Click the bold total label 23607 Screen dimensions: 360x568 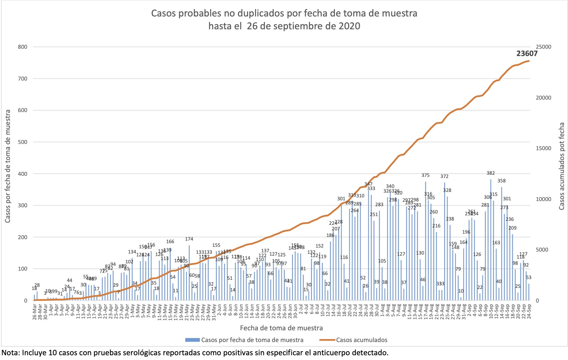click(527, 53)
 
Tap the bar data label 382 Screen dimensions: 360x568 click(491, 173)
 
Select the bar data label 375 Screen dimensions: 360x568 click(425, 175)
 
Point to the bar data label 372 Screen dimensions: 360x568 click(445, 177)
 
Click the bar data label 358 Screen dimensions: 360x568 click(502, 181)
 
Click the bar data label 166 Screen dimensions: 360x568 click(170, 242)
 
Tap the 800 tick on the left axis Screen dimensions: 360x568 click(23, 47)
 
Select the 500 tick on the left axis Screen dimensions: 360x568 click(23, 142)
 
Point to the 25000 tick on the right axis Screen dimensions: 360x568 click(543, 47)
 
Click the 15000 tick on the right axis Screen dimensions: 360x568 click(543, 148)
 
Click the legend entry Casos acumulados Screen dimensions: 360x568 click(361, 340)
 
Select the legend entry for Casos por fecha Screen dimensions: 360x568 click(252, 340)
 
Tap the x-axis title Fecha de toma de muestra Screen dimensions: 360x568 click(281, 328)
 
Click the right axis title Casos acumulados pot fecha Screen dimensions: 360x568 click(562, 166)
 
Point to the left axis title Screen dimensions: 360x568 click(8, 166)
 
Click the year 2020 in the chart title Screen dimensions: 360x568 click(349, 26)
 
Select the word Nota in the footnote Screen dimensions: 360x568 click(10, 353)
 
